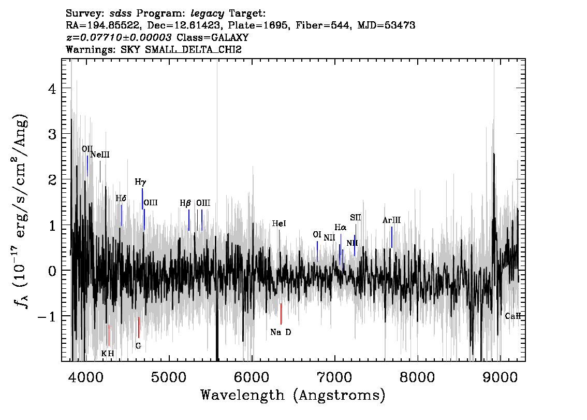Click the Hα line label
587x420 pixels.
(340, 227)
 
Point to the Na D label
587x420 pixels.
(281, 332)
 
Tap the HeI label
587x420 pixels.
(279, 223)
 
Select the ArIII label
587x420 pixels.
(391, 220)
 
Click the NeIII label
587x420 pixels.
(100, 155)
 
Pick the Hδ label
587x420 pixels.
(121, 199)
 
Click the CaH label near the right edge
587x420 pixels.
(513, 316)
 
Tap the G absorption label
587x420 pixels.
(138, 346)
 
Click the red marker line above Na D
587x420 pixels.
(281, 314)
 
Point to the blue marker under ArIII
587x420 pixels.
(392, 237)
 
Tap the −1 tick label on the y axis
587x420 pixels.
(47, 316)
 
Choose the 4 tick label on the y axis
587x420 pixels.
(52, 89)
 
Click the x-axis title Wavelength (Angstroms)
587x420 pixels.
(293, 395)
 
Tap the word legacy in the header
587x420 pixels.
(208, 14)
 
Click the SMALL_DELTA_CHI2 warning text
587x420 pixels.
(194, 49)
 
